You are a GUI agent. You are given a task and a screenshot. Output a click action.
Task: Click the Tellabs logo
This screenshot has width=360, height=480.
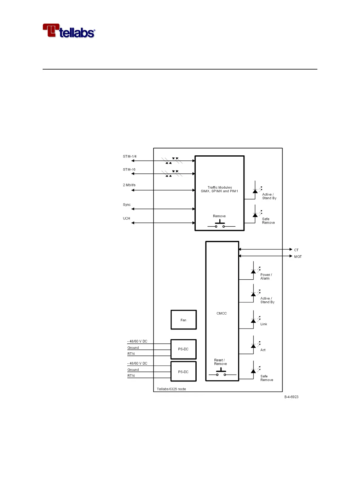[69, 31]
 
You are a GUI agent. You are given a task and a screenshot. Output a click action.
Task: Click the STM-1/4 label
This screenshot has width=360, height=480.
[129, 157]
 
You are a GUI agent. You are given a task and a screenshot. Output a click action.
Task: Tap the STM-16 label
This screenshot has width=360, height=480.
[129, 170]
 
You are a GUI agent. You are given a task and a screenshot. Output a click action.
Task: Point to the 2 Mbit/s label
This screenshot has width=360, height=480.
[129, 185]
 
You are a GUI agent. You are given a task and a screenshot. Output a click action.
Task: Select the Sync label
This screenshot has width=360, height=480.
[127, 205]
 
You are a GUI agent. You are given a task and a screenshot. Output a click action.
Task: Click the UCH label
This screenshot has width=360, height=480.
[126, 218]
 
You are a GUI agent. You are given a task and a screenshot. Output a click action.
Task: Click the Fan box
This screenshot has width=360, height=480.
[183, 320]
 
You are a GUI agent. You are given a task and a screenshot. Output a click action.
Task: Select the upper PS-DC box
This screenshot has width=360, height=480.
[183, 349]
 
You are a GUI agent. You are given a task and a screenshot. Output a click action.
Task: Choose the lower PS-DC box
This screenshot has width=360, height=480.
[183, 372]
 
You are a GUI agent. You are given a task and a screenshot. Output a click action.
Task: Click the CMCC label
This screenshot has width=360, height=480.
[221, 313]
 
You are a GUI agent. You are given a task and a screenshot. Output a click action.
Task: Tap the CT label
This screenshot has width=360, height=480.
[296, 250]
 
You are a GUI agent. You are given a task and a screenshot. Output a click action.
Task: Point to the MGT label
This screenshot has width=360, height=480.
[298, 257]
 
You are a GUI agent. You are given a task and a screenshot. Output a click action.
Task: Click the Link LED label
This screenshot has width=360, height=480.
[263, 324]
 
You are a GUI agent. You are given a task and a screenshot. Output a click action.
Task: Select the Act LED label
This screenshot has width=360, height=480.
[263, 350]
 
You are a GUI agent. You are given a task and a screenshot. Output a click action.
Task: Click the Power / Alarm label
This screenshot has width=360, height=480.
[266, 277]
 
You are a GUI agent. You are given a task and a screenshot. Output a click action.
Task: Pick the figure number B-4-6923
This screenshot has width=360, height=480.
[291, 397]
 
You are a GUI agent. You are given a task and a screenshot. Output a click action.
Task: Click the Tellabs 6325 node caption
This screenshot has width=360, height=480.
[171, 389]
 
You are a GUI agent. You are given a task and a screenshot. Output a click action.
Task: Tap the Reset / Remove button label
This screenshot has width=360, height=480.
[220, 362]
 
